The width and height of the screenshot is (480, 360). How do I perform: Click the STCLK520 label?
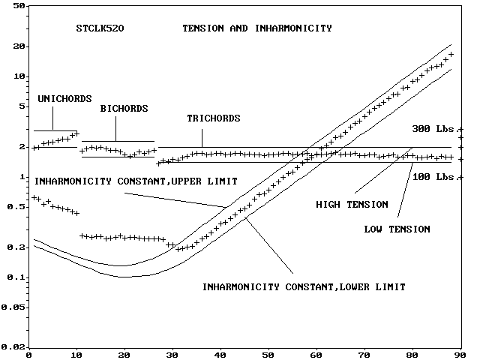100,28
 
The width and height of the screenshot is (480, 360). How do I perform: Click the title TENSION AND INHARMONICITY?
257,28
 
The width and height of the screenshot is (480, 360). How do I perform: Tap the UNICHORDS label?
64,98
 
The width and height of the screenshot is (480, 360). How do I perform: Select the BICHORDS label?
124,108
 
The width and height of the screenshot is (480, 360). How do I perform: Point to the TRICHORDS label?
214,118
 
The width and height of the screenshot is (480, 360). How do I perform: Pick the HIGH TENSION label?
352,204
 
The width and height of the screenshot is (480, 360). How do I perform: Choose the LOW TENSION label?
397,229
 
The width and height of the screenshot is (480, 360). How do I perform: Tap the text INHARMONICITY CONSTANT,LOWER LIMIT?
304,286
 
